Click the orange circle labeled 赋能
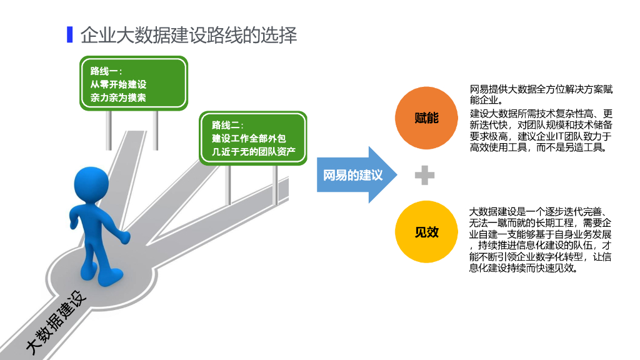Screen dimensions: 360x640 click(x=426, y=117)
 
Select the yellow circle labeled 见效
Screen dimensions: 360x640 click(x=426, y=232)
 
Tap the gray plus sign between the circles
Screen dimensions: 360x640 click(x=424, y=176)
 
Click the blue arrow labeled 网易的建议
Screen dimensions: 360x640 click(x=356, y=175)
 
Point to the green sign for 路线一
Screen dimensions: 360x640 click(x=134, y=84)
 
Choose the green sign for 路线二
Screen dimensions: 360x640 click(x=252, y=138)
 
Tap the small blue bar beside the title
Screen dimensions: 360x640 click(x=69, y=34)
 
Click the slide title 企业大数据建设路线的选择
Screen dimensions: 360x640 click(x=189, y=35)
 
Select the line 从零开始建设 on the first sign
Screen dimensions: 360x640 click(x=119, y=84)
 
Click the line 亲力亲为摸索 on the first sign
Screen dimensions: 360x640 click(x=119, y=97)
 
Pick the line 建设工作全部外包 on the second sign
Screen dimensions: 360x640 click(x=249, y=138)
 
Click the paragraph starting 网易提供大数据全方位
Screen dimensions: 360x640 click(x=541, y=94)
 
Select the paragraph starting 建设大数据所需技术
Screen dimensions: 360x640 click(x=541, y=131)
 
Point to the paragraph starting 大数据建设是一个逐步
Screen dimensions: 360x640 click(x=541, y=240)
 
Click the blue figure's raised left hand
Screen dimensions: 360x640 click(x=123, y=237)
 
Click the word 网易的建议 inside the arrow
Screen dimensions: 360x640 click(x=352, y=176)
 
